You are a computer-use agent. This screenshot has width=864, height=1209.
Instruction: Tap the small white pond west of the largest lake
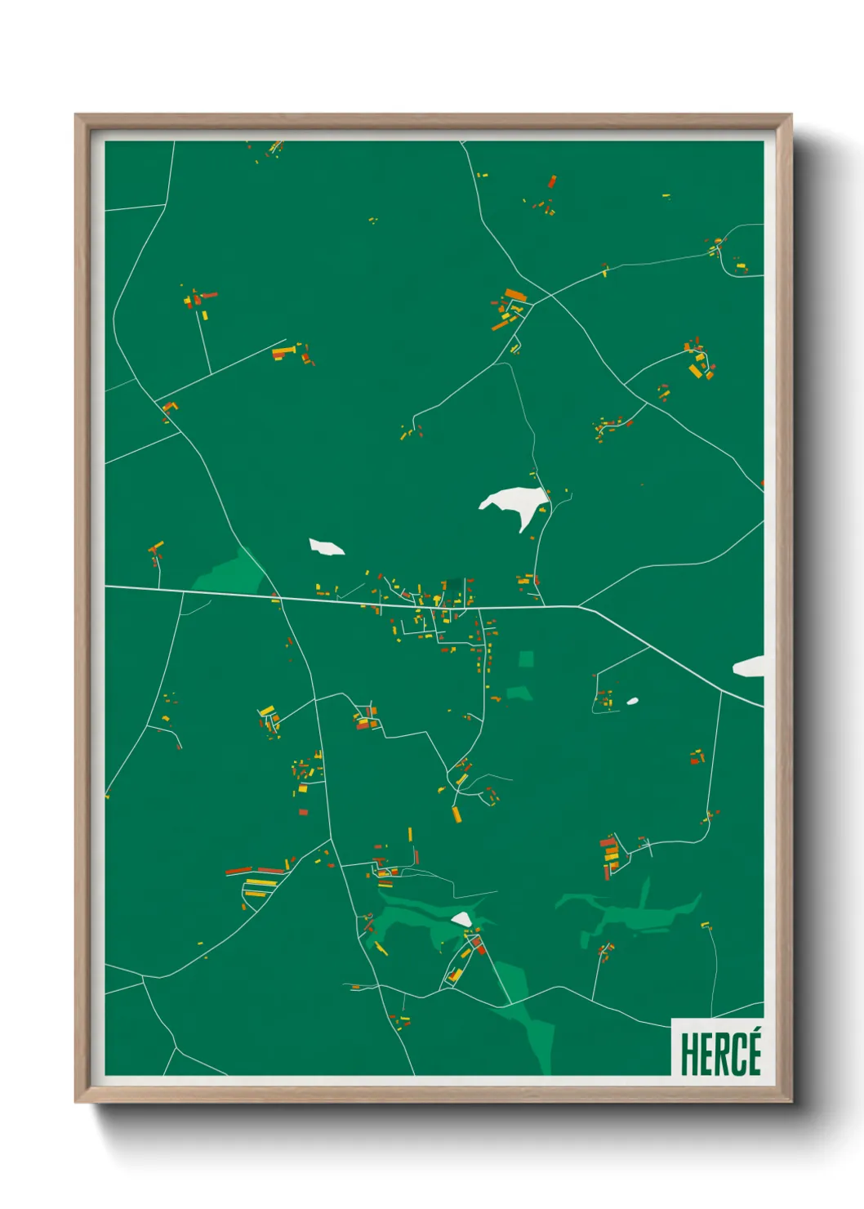click(326, 547)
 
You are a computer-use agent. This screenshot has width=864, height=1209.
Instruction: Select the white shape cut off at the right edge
click(750, 667)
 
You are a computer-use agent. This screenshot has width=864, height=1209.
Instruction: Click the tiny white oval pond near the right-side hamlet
click(632, 701)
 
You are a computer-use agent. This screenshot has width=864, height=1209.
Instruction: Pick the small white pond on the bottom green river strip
click(461, 920)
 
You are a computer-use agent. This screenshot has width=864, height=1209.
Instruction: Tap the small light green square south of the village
click(526, 658)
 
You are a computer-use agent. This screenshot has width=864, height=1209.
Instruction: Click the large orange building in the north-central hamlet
click(514, 294)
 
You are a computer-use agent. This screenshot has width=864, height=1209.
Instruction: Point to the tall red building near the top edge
click(552, 181)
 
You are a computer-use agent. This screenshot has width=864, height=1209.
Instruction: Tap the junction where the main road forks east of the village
click(579, 606)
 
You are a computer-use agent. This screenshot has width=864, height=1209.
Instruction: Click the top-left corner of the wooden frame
click(76, 115)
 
